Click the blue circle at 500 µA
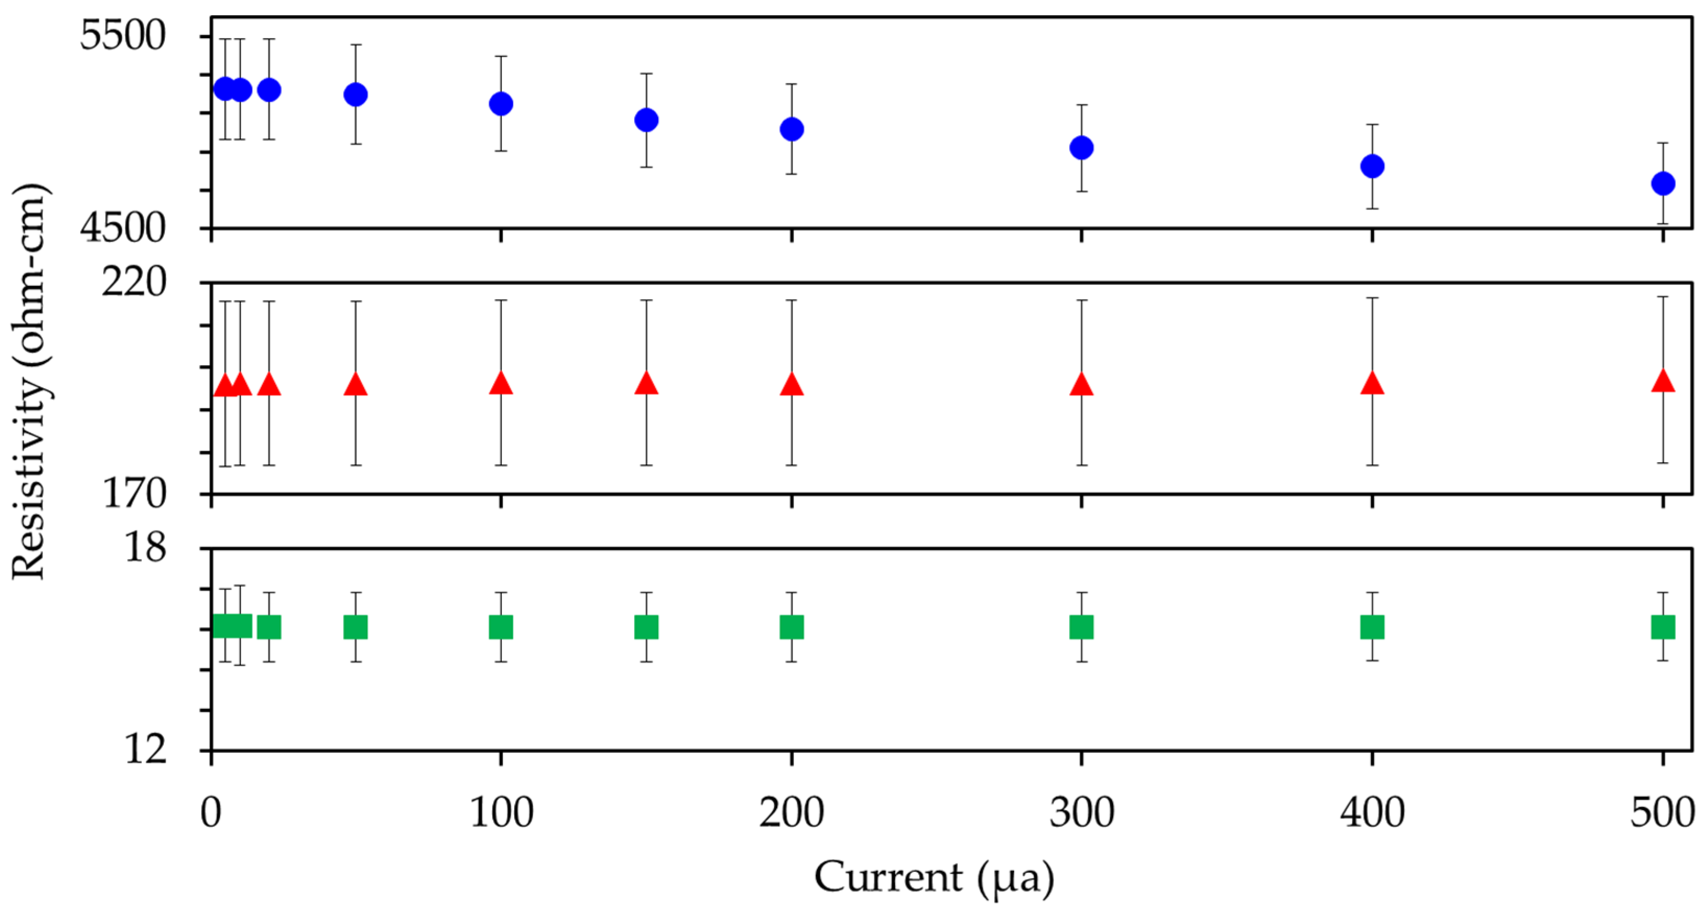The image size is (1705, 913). [x=1663, y=184]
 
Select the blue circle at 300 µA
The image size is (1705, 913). [x=1082, y=148]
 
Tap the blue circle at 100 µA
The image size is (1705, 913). [x=501, y=104]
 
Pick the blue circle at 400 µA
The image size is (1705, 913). [x=1372, y=166]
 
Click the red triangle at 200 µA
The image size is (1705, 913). [x=792, y=385]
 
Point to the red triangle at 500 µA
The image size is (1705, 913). [x=1663, y=382]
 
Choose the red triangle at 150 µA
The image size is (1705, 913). [x=646, y=383]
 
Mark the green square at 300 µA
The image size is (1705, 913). [x=1082, y=627]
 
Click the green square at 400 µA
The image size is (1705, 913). [x=1372, y=627]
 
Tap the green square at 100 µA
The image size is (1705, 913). [x=501, y=627]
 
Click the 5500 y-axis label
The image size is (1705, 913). [x=123, y=35]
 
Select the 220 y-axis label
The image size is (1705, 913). [x=134, y=282]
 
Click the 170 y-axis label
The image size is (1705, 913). [x=134, y=493]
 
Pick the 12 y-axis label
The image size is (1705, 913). [x=145, y=750]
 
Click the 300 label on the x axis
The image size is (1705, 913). [x=1082, y=813]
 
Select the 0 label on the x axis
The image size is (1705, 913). [x=211, y=813]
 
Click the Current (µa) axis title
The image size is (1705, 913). [x=934, y=879]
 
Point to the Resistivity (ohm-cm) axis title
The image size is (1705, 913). [x=30, y=382]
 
